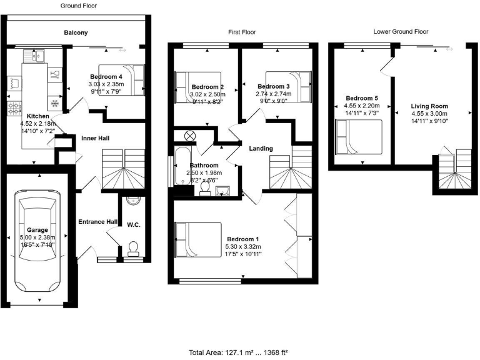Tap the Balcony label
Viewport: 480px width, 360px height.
[x=76, y=32]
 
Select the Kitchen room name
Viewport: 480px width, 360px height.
[x=37, y=116]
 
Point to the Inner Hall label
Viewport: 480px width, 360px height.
[x=96, y=137]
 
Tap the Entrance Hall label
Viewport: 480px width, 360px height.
[x=97, y=221]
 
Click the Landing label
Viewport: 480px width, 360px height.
[x=260, y=148]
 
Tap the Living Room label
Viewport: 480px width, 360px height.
[x=429, y=106]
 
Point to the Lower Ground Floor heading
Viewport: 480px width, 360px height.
[x=401, y=31]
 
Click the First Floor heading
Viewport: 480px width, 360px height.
[x=241, y=32]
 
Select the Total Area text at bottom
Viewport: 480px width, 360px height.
[x=240, y=352]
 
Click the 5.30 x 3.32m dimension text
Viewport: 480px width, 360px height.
[x=243, y=247]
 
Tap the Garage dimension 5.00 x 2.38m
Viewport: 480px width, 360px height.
[x=37, y=237]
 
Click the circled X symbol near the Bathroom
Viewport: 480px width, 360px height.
[x=189, y=136]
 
